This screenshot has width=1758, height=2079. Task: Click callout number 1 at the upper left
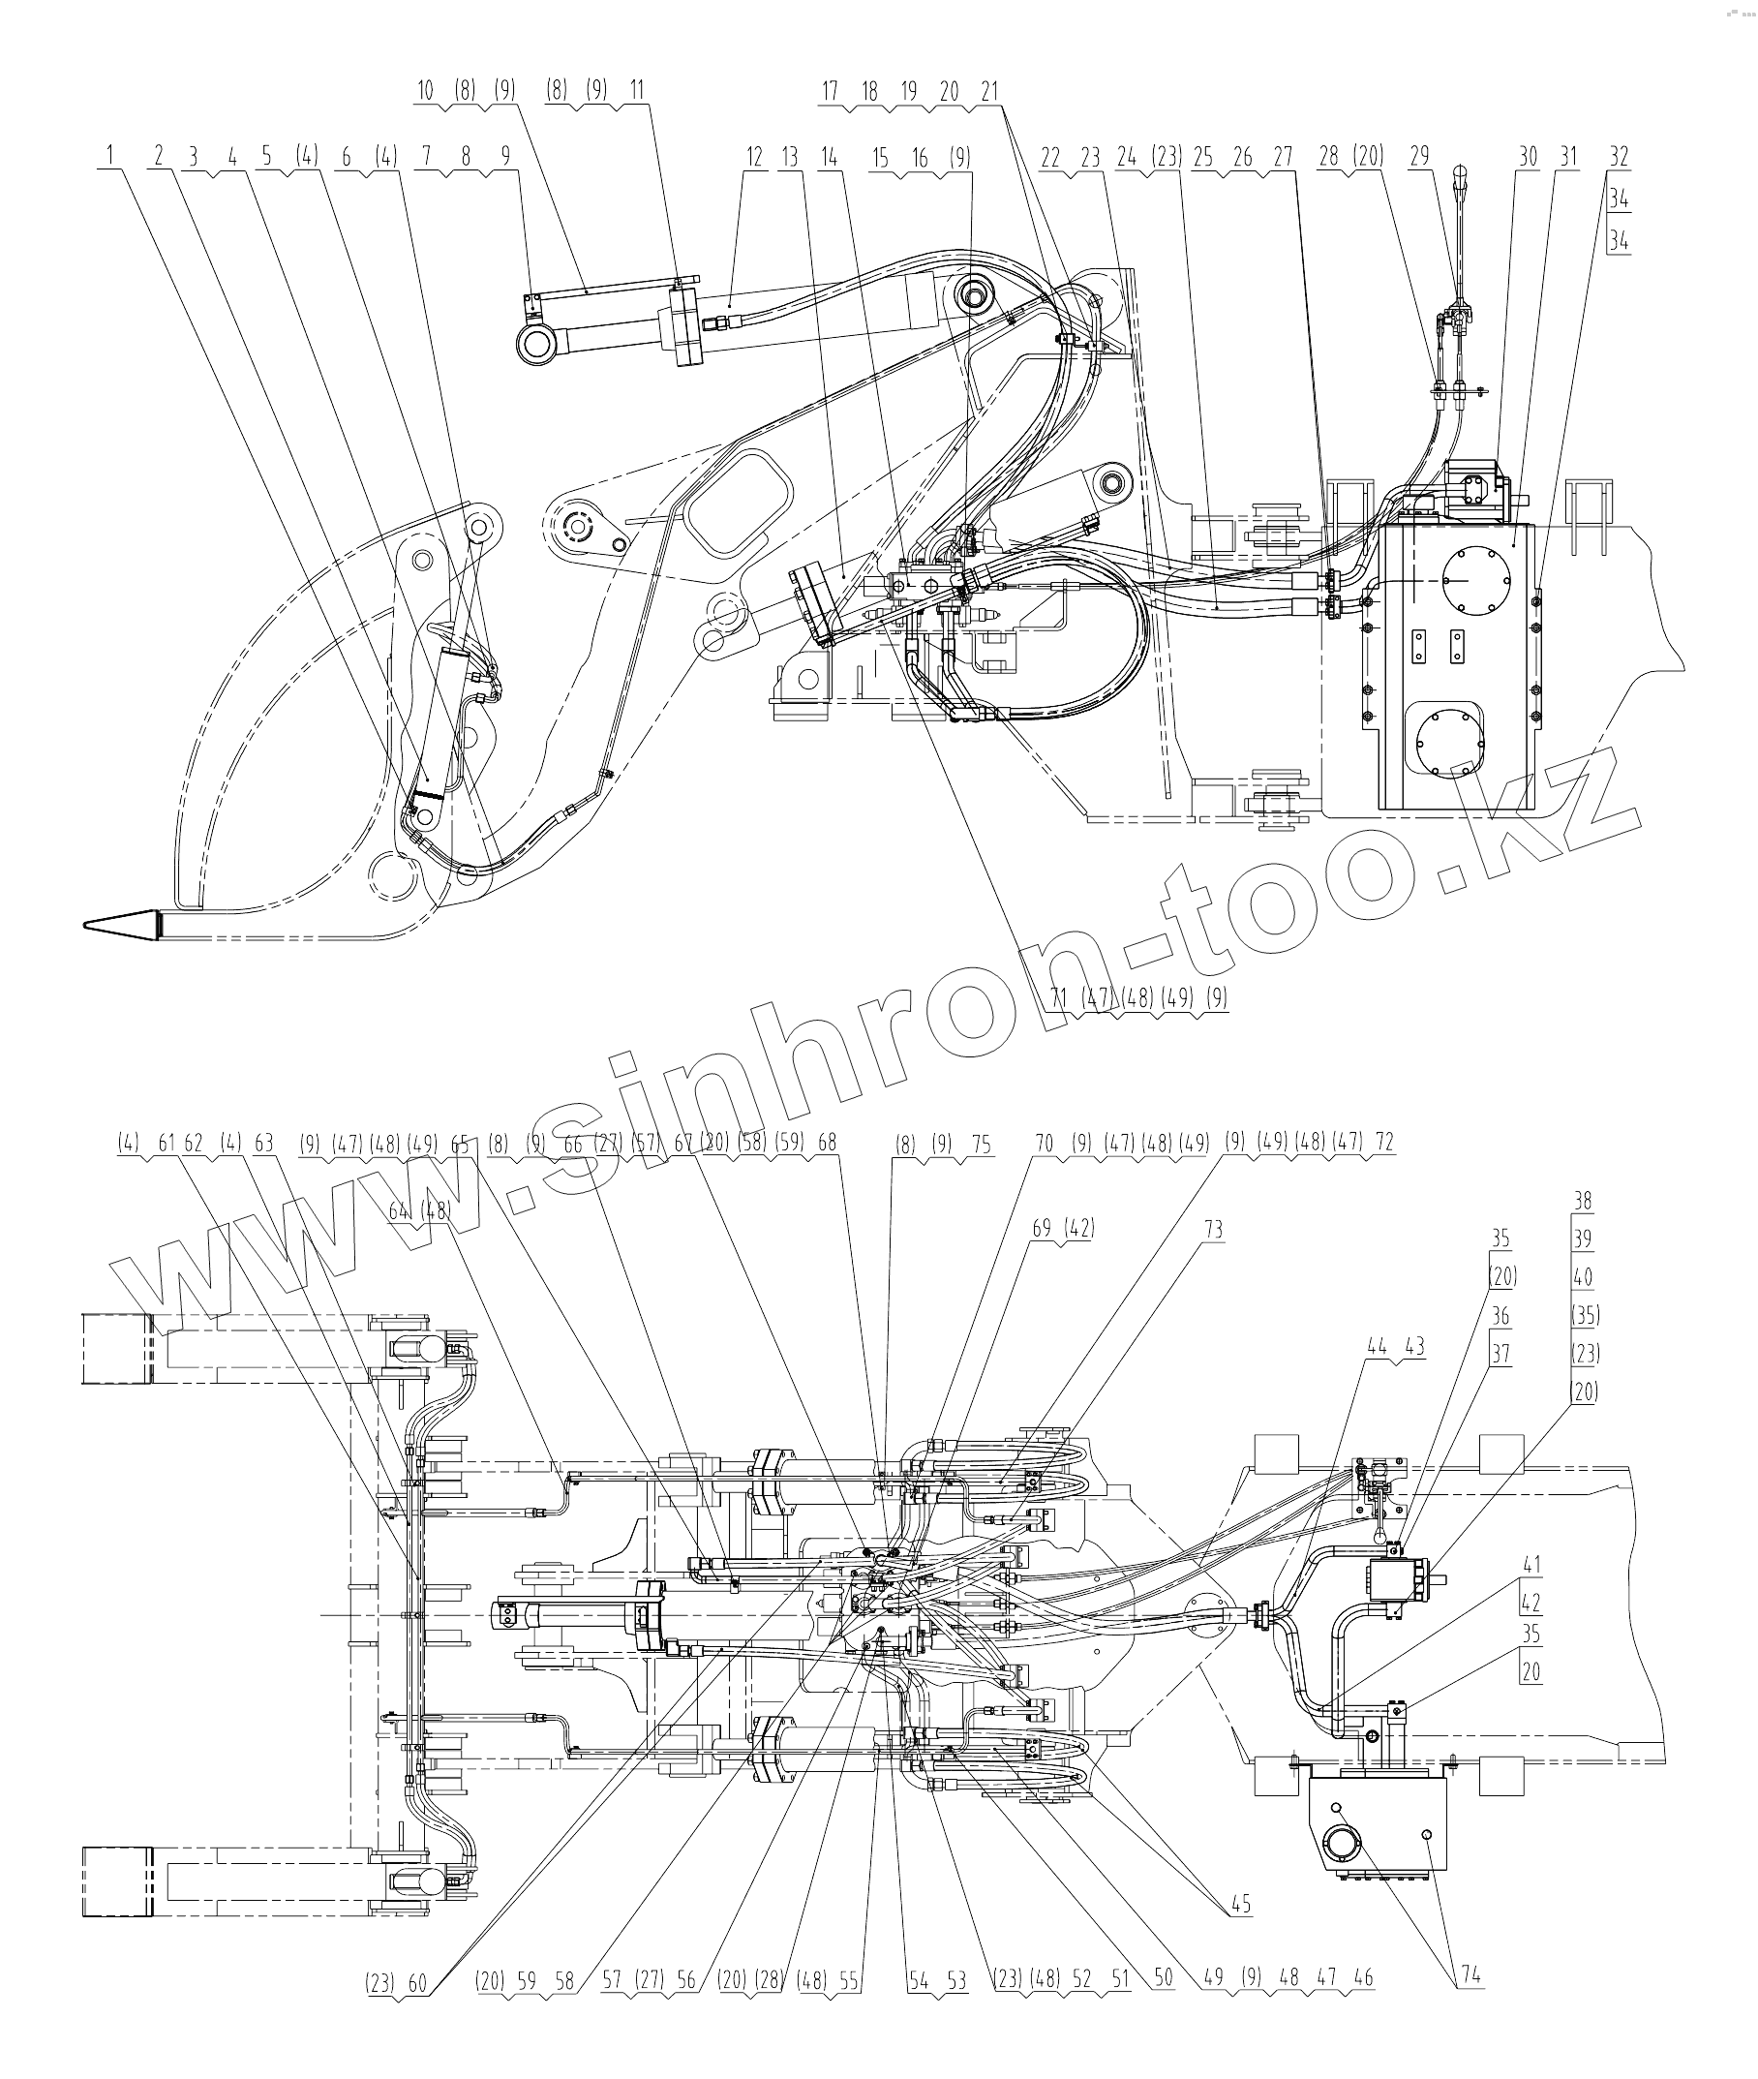pyautogui.click(x=109, y=157)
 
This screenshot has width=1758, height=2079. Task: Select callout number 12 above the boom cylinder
pyautogui.click(x=753, y=157)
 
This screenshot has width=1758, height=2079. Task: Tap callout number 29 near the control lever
pyautogui.click(x=1419, y=157)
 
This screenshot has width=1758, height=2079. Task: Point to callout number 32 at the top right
pyautogui.click(x=1619, y=157)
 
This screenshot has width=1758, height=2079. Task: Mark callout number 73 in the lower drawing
pyautogui.click(x=1213, y=1229)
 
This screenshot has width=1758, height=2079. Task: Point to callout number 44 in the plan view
pyautogui.click(x=1377, y=1347)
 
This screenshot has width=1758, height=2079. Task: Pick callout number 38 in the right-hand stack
pyautogui.click(x=1583, y=1201)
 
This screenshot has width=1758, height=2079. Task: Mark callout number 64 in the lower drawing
pyautogui.click(x=400, y=1211)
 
